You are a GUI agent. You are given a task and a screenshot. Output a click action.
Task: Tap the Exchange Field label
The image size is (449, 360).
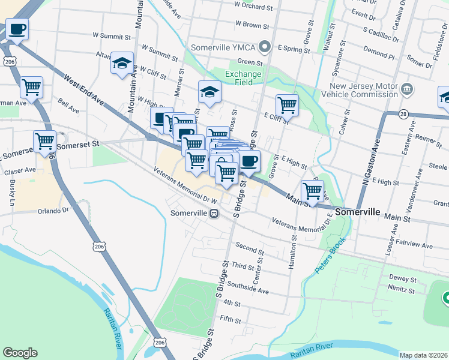tap(243, 78)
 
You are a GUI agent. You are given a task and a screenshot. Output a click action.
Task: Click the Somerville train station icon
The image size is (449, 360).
tap(214, 213)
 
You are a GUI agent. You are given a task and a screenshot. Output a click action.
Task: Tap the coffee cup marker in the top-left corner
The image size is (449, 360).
tap(17, 29)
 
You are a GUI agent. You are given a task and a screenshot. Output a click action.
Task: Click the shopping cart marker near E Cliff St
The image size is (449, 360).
tap(287, 105)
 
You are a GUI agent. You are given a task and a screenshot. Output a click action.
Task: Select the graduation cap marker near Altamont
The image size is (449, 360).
tap(122, 62)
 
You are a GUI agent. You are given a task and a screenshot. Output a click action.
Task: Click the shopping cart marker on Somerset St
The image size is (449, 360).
tap(45, 142)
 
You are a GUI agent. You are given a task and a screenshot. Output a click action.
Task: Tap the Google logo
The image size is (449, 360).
tap(20, 353)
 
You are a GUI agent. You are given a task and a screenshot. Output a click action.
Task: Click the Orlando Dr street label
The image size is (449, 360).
tap(53, 211)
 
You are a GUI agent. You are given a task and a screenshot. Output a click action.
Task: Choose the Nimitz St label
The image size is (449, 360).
tap(402, 291)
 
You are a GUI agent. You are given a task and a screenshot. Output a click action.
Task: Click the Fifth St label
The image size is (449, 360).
tap(231, 320)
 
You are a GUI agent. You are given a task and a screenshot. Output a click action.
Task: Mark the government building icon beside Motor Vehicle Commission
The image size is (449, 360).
tap(406, 89)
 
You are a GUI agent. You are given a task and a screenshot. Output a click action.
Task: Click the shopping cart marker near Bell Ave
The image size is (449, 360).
tap(31, 88)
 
